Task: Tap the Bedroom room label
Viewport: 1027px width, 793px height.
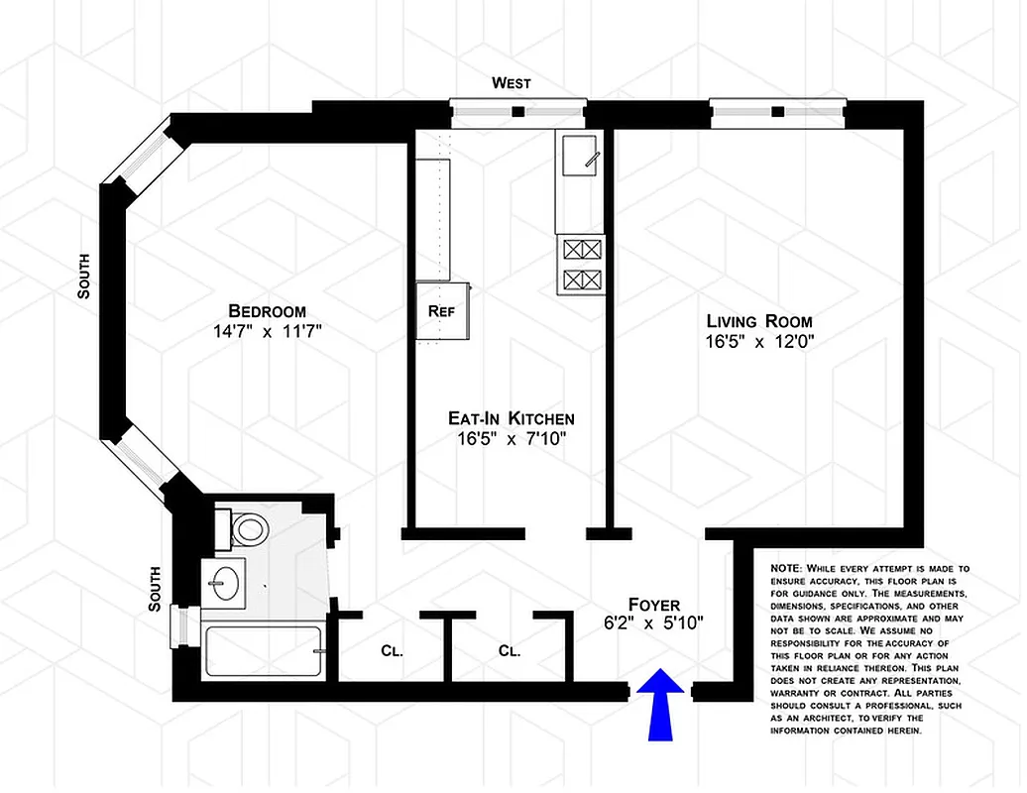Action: [267, 310]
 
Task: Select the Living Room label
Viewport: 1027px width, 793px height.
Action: [758, 321]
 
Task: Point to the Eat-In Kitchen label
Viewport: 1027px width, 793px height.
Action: [511, 418]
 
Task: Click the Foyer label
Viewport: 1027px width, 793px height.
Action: [654, 604]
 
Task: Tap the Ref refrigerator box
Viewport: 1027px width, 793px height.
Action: [441, 310]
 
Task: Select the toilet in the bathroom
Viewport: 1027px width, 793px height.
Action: [248, 527]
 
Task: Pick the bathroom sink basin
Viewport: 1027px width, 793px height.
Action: [227, 580]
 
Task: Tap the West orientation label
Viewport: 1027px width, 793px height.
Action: [512, 83]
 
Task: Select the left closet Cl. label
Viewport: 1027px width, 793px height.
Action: [392, 651]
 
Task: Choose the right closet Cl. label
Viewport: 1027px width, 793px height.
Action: [510, 651]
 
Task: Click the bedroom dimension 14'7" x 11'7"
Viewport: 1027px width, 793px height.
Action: [267, 332]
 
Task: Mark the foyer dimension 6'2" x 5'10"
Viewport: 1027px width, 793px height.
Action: [654, 623]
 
